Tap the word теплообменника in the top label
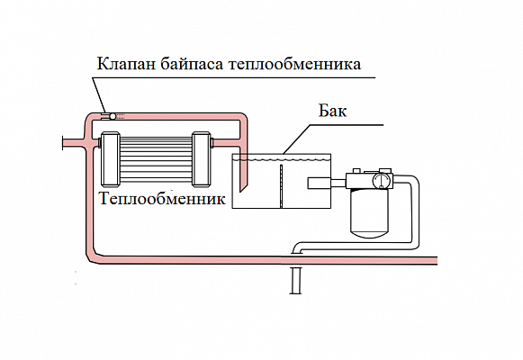(295, 63)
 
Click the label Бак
(332, 111)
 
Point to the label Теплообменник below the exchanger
(162, 198)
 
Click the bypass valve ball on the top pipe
(113, 116)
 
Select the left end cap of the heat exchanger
(110, 159)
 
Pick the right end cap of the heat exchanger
(201, 159)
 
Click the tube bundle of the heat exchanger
(156, 159)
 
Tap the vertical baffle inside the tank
(281, 186)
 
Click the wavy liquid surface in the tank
(281, 160)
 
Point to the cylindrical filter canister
(370, 213)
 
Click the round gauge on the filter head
(382, 180)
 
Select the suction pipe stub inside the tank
(320, 183)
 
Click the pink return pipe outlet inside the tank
(243, 175)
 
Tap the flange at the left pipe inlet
(63, 143)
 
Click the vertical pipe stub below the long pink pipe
(295, 280)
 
